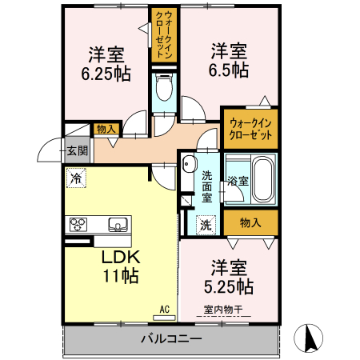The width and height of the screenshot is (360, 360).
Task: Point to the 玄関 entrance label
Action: (77, 149)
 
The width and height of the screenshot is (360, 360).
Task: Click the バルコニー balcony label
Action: (171, 338)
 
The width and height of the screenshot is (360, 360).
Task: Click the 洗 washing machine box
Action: (206, 225)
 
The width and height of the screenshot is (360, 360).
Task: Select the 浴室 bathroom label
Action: (237, 181)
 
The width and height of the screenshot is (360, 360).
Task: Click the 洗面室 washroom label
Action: (206, 186)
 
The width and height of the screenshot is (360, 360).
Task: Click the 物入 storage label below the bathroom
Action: (250, 222)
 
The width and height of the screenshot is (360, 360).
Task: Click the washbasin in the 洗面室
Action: (189, 166)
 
